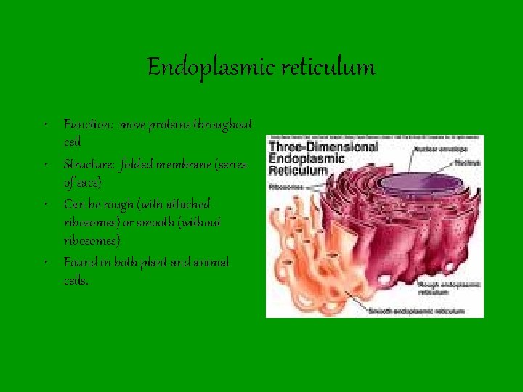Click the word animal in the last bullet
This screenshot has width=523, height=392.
pyautogui.click(x=210, y=262)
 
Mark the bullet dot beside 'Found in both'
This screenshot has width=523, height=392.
pyautogui.click(x=46, y=261)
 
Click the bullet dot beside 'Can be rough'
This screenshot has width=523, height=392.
pyautogui.click(x=46, y=203)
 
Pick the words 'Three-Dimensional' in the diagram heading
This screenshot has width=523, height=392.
pyautogui.click(x=323, y=147)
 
